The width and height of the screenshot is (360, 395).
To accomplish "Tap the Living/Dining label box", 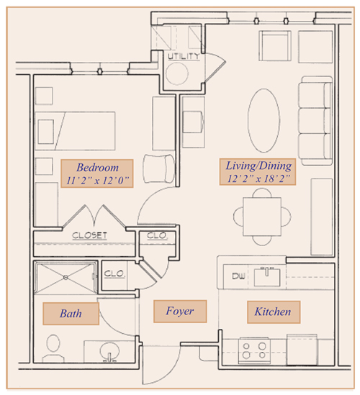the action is click(x=258, y=172).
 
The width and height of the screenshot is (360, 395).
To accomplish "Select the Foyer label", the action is click(x=180, y=311).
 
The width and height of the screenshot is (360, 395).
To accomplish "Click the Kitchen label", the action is click(x=274, y=312).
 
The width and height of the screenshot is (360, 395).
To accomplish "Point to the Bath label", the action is click(x=71, y=314).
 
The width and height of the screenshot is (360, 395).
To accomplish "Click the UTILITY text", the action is click(x=184, y=56).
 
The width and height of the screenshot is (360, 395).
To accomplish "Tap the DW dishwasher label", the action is click(x=238, y=276).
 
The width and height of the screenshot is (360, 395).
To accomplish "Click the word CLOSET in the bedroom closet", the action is click(x=89, y=235).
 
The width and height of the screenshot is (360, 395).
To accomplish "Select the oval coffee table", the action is click(x=264, y=120).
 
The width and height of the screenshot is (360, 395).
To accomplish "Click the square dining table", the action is click(x=262, y=217).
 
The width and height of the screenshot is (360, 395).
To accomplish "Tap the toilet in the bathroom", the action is click(x=53, y=349).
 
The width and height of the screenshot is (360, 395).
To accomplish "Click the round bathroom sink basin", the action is click(x=109, y=350).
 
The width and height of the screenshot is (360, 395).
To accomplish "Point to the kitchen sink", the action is click(x=267, y=277).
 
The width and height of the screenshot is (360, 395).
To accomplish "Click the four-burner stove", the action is click(x=254, y=350).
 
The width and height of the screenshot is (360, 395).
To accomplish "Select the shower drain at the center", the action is click(x=66, y=278).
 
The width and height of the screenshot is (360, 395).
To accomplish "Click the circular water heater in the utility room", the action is click(x=177, y=73).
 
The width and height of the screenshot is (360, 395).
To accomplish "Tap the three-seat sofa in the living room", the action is click(x=315, y=121).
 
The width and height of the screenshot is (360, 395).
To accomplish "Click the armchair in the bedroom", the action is click(x=159, y=168).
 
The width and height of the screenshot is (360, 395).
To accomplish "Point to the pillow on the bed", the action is click(x=45, y=132).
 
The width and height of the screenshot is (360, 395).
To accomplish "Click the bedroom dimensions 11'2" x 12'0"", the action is click(x=97, y=181).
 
